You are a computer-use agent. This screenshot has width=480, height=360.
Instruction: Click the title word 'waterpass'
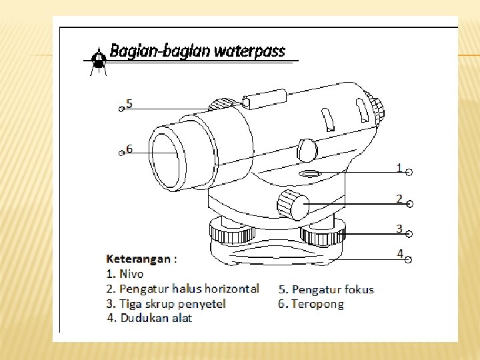[x=251, y=51]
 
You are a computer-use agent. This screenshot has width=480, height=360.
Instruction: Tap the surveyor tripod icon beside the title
[x=98, y=61]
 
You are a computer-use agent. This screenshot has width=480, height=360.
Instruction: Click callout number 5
[x=129, y=104]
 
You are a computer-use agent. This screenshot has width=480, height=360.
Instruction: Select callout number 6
[x=129, y=149]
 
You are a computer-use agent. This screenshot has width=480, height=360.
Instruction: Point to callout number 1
[x=399, y=168]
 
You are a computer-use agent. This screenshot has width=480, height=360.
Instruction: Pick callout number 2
[x=399, y=199]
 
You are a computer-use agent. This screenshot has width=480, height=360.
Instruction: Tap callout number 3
[x=399, y=228]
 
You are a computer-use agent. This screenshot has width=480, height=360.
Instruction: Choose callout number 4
[x=399, y=253]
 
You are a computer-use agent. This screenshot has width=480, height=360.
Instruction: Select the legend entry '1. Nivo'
[x=125, y=273]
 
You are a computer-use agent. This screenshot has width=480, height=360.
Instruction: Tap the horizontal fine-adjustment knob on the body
[x=293, y=204]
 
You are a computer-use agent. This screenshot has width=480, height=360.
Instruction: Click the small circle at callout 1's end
[x=409, y=173]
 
